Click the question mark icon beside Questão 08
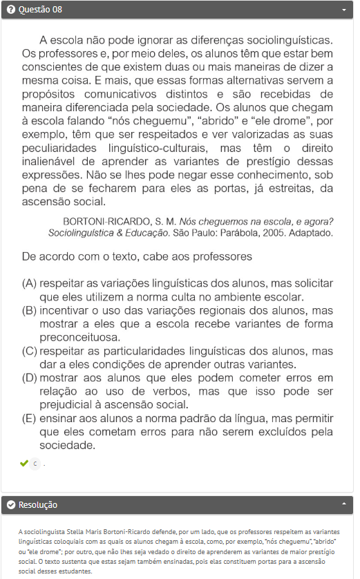click(11, 10)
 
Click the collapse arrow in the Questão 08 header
click(344, 10)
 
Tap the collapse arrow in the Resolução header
click(344, 505)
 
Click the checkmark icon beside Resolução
click(11, 505)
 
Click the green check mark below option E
click(25, 463)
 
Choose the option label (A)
click(30, 284)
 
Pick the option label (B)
click(30, 311)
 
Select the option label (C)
click(30, 351)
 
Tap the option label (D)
click(30, 378)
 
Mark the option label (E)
click(30, 419)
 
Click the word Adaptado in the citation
click(312, 234)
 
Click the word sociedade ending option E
click(66, 446)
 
